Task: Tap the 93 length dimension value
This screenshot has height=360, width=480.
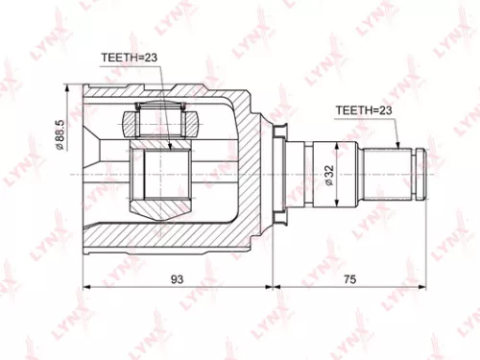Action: coord(179,277)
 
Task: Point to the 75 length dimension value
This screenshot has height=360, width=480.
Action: coord(349,277)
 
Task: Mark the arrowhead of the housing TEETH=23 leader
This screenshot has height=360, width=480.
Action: coord(169,149)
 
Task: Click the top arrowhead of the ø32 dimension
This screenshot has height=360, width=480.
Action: coord(338,145)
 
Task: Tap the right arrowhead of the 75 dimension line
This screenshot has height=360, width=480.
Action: coord(423,286)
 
